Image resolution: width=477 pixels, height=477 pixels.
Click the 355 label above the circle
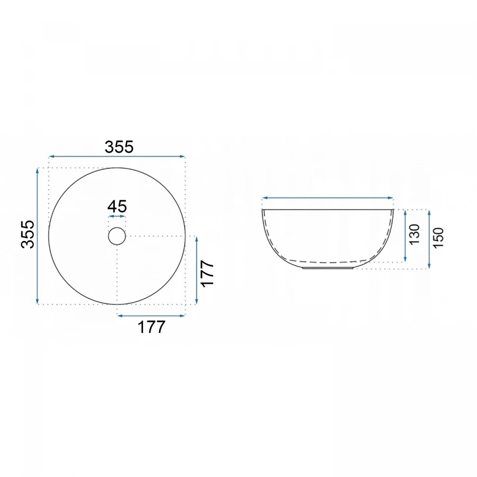pos(119,147)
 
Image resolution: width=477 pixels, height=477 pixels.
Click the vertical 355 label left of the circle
pos(28,234)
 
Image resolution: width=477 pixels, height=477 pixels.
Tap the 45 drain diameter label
pos(117,207)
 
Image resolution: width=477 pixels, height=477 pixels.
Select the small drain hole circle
pos(117,236)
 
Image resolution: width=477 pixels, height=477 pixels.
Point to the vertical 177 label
pos(208,273)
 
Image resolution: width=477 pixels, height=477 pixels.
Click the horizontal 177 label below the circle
pos(152,328)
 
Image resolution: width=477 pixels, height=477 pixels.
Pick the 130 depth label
pos(414,234)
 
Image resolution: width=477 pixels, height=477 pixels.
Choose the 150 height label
pos(438,237)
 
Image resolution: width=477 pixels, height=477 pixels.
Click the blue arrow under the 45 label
pos(117,216)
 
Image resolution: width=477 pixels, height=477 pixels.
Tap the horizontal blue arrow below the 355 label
pos(117,156)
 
